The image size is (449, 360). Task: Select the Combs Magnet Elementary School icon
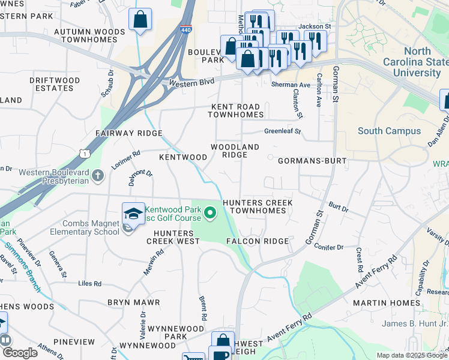(133, 213)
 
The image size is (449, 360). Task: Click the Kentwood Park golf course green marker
(210, 212)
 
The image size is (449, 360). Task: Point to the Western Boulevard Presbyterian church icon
(99, 176)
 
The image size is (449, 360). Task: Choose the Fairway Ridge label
(129, 133)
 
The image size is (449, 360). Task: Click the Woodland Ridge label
(235, 151)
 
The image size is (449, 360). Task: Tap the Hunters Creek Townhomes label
(258, 207)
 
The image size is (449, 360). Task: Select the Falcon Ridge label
(258, 241)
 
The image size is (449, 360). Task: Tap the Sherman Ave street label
(291, 85)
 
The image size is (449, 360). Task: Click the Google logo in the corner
(20, 353)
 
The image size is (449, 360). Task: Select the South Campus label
(389, 131)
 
